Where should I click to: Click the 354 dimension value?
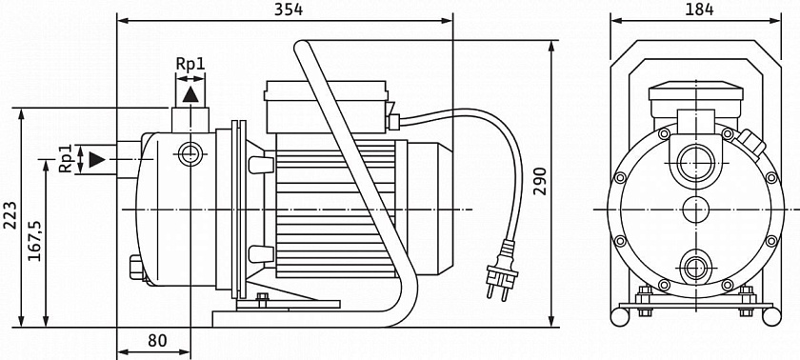click(x=289, y=10)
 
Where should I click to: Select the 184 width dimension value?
click(x=699, y=10)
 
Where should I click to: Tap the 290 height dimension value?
click(x=540, y=181)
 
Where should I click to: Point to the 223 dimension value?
click(x=10, y=215)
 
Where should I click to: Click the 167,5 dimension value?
click(x=34, y=241)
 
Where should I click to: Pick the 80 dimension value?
click(x=157, y=341)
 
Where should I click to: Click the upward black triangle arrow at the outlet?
click(x=190, y=95)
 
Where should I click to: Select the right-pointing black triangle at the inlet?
click(x=97, y=160)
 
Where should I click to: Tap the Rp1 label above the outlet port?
click(x=190, y=64)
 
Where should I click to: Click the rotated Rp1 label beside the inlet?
click(x=66, y=159)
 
